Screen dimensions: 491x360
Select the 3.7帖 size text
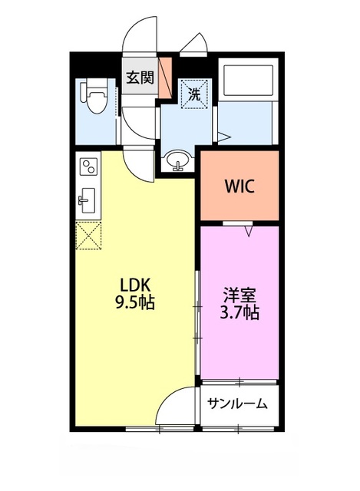[x=238, y=312]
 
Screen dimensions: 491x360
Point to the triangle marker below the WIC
[x=249, y=229]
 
